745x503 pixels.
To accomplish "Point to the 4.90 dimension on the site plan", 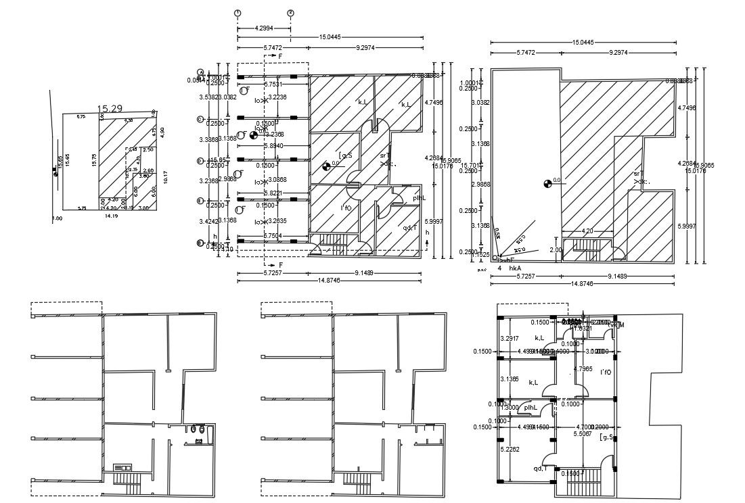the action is (162, 131).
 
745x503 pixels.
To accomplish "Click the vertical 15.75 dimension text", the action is (95, 160).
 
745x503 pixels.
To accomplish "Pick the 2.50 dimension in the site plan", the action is (149, 149).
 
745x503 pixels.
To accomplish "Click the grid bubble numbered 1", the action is (238, 13).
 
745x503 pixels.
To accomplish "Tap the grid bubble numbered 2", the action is (290, 13).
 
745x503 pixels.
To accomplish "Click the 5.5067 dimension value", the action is (583, 434).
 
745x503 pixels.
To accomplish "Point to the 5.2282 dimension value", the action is (510, 449).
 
